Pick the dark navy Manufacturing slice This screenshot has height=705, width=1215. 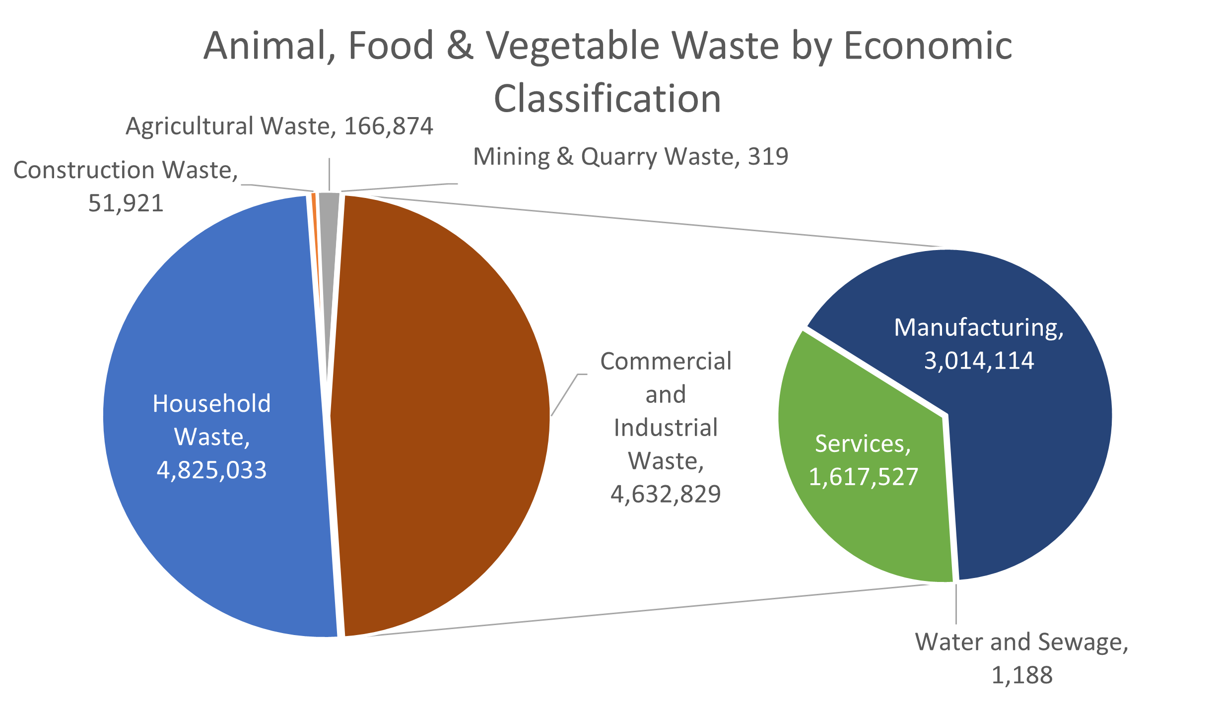1032,447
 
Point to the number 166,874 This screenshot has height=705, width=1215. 389,126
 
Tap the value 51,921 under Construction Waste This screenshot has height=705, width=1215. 126,203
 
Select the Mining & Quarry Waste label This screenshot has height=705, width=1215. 630,157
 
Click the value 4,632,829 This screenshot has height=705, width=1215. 666,494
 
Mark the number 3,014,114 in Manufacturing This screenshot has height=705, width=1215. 979,361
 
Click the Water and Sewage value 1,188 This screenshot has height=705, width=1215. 1022,675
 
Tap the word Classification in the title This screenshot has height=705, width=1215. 607,99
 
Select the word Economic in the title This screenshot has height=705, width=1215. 928,46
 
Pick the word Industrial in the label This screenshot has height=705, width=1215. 666,428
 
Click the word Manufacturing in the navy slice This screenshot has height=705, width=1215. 979,328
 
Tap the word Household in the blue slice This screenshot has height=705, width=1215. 211,404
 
